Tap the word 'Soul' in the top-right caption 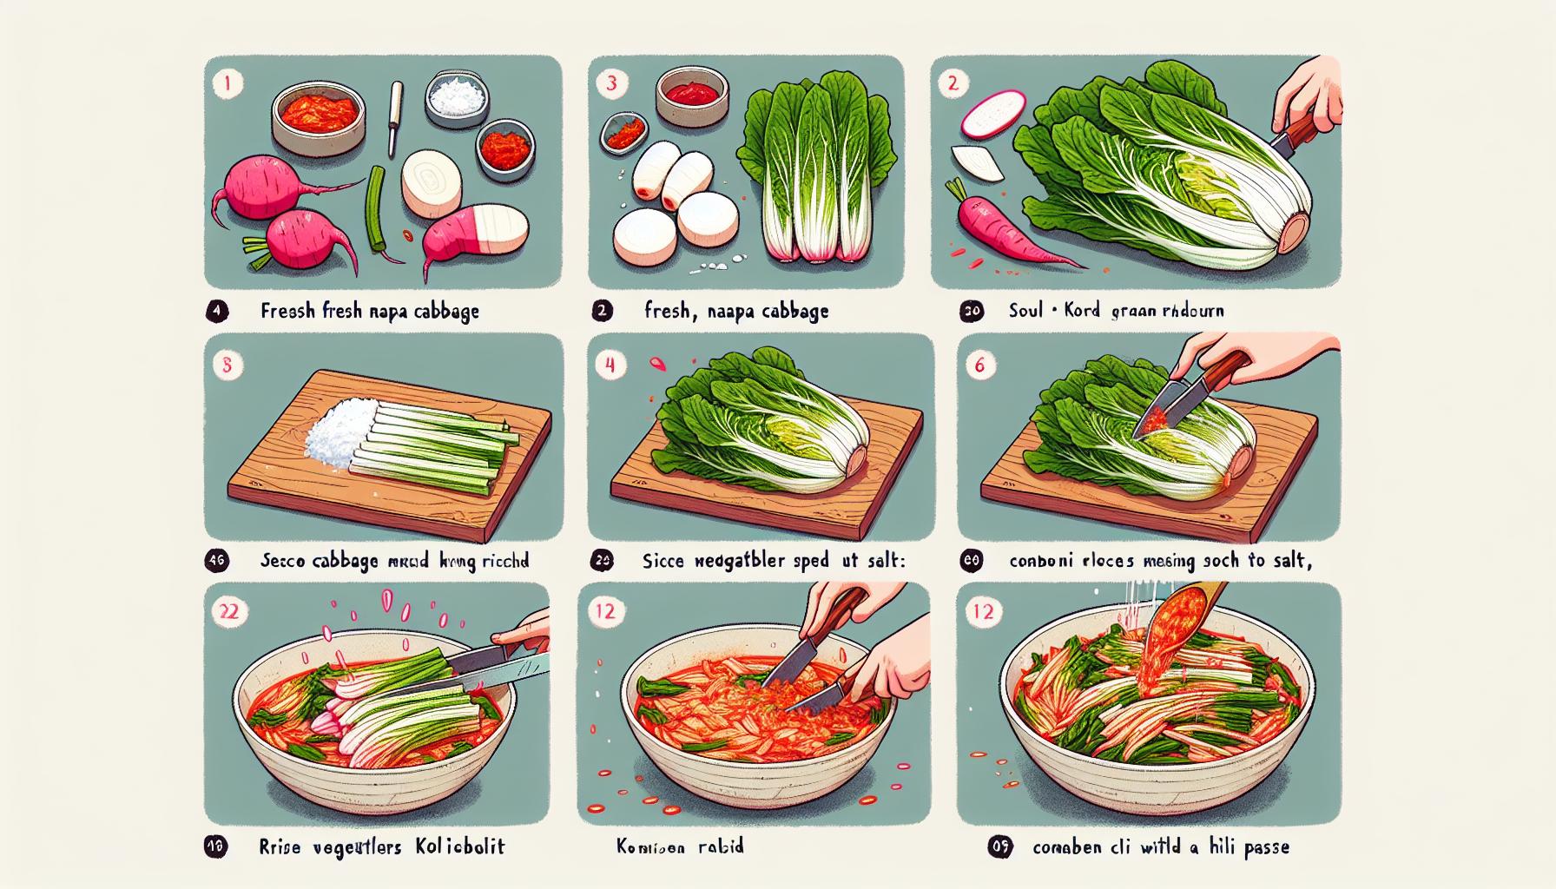tap(1025, 310)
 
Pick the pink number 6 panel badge tap(980, 365)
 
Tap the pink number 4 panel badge tap(610, 365)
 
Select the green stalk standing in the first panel tap(376, 208)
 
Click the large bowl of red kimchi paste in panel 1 tap(318, 117)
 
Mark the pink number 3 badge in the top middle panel tap(611, 84)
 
